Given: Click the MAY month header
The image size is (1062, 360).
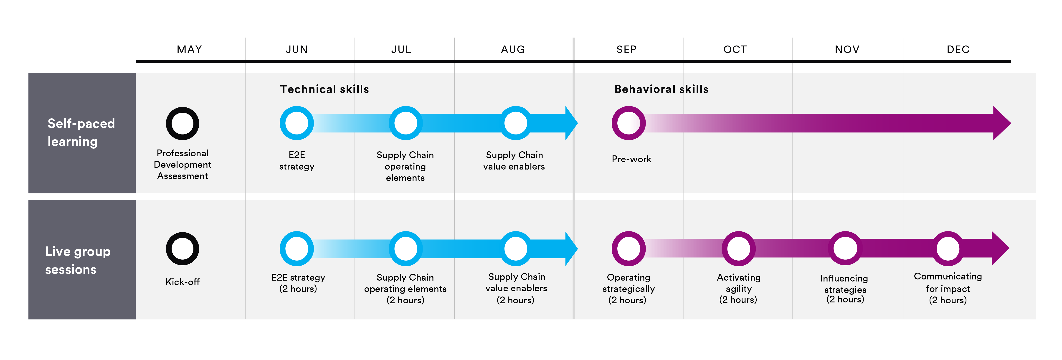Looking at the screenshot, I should pyautogui.click(x=189, y=49).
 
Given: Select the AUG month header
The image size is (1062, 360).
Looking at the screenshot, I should pyautogui.click(x=513, y=49).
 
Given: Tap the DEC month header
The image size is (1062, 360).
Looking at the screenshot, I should pyautogui.click(x=958, y=49).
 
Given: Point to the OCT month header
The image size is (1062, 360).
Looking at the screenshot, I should pyautogui.click(x=735, y=49).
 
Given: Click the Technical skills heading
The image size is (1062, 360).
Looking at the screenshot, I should pyautogui.click(x=324, y=89).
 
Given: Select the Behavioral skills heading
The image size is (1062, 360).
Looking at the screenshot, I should pyautogui.click(x=661, y=89).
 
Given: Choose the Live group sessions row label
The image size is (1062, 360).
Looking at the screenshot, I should pyautogui.click(x=78, y=260).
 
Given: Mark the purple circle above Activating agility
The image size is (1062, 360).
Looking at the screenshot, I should pyautogui.click(x=738, y=249).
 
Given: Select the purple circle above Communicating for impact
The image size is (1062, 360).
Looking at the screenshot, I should pyautogui.click(x=948, y=249).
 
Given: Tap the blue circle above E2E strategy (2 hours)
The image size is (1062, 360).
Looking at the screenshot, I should pyautogui.click(x=297, y=249).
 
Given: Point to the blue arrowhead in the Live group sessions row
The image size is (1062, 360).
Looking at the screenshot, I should pyautogui.click(x=571, y=249).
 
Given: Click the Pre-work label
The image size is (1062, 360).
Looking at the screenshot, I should pyautogui.click(x=631, y=159).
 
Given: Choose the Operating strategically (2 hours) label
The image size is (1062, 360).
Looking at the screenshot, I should pyautogui.click(x=628, y=289).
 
